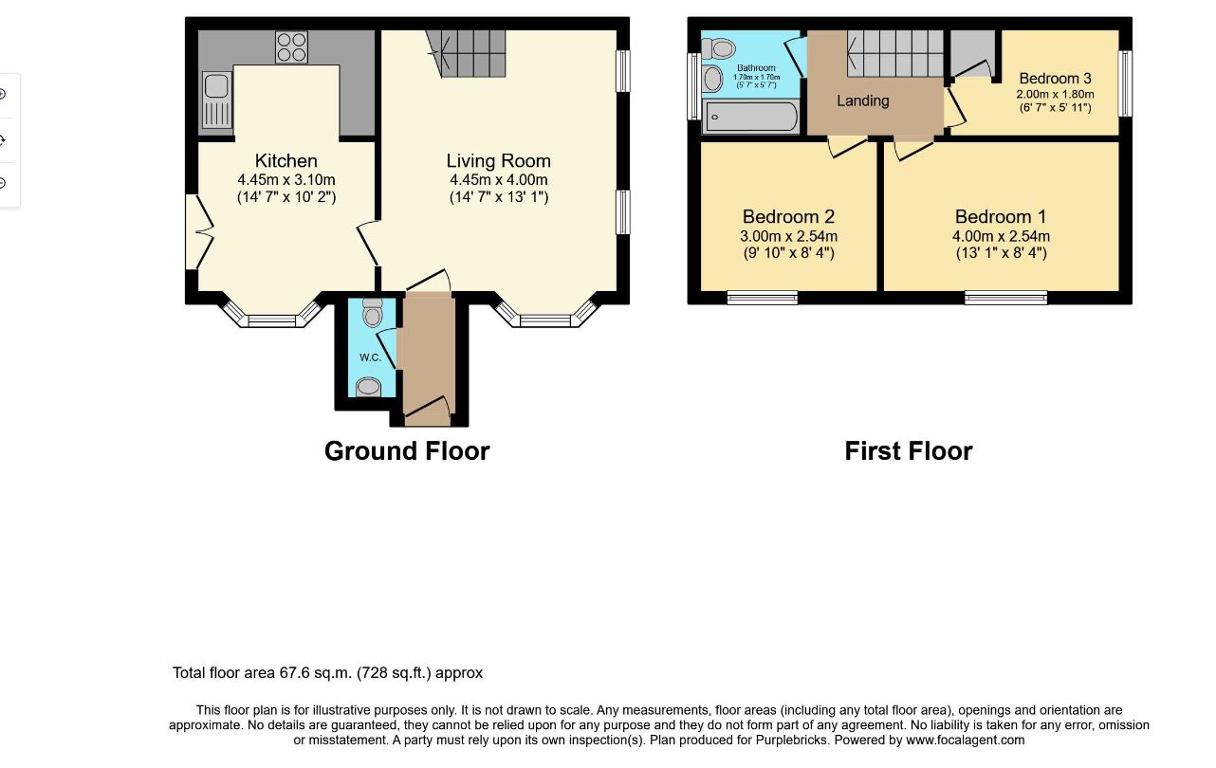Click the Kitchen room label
(x=286, y=161)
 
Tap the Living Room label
(x=498, y=161)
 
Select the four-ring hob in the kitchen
(x=291, y=46)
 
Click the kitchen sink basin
(x=216, y=85)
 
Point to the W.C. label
(x=370, y=357)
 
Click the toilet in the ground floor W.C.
(x=373, y=312)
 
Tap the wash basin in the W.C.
(x=369, y=387)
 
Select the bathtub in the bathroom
(x=751, y=117)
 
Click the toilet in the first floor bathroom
(x=719, y=49)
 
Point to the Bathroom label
(x=756, y=68)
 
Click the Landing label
(x=862, y=101)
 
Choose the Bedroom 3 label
(x=1056, y=79)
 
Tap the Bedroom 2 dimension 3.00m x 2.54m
(x=788, y=237)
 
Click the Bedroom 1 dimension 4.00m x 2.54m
(x=1001, y=237)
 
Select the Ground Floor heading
(x=407, y=451)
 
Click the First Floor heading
(x=909, y=451)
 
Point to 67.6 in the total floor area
(x=294, y=673)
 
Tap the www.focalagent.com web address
(x=966, y=741)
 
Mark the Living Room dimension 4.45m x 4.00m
(x=498, y=179)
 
